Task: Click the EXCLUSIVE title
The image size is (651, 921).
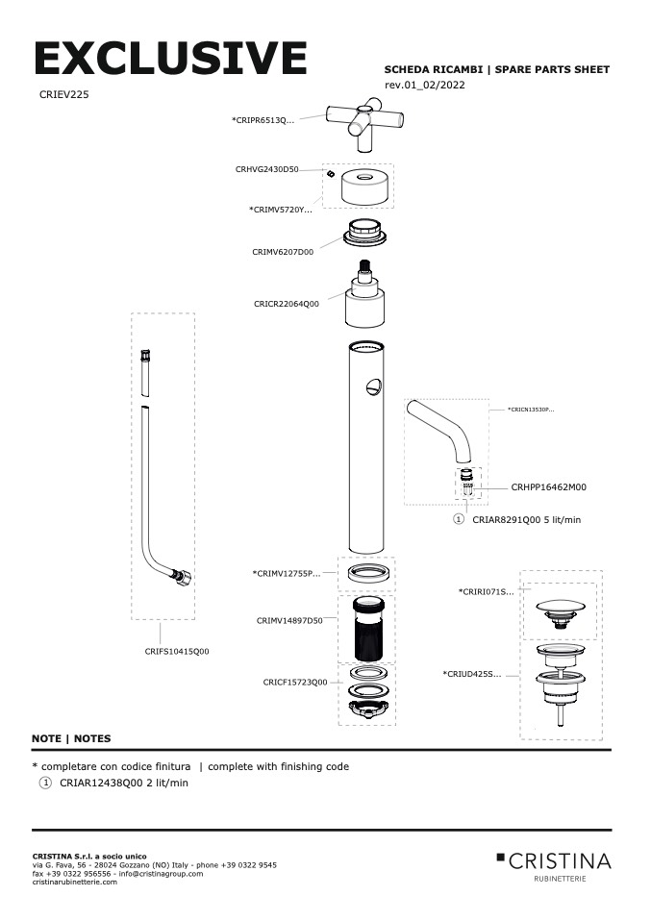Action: click(170, 60)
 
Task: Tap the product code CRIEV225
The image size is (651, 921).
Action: click(65, 95)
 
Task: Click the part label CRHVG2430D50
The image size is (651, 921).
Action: click(266, 169)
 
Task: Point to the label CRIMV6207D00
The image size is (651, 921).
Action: click(283, 252)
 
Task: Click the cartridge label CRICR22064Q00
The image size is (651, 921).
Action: click(287, 304)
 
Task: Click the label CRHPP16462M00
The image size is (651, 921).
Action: click(548, 487)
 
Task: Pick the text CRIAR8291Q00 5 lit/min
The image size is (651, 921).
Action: click(526, 519)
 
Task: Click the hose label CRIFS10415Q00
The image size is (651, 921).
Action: click(177, 651)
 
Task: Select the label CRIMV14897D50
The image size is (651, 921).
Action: click(288, 621)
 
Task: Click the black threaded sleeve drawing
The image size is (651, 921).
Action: click(366, 630)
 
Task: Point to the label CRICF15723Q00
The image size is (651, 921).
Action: click(294, 683)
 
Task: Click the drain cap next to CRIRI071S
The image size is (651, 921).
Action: click(558, 611)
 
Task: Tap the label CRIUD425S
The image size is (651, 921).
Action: click(472, 674)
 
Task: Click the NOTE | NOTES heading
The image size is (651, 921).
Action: click(71, 738)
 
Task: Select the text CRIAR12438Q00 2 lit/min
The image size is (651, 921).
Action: click(124, 784)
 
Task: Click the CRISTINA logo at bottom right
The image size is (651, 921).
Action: click(554, 861)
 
